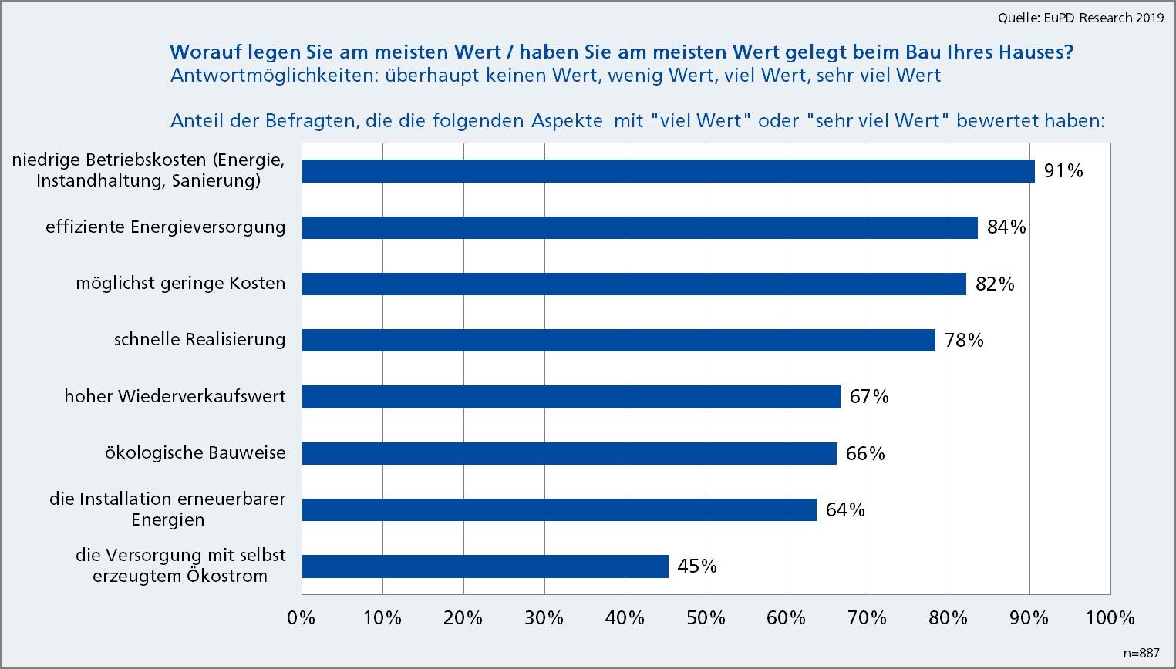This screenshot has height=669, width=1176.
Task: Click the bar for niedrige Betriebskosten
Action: tap(668, 171)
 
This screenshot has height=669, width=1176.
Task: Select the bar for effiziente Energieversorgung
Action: tap(639, 227)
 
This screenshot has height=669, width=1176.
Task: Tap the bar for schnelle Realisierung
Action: tap(618, 340)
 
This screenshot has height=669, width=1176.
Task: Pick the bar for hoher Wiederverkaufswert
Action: tap(571, 397)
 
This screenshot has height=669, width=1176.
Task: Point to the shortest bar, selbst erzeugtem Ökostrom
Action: tap(484, 566)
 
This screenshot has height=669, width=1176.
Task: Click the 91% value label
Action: tap(1063, 171)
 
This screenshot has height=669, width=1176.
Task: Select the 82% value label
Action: tap(995, 284)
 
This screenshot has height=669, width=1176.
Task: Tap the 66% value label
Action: tap(865, 453)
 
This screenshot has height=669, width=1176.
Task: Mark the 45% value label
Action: tap(697, 566)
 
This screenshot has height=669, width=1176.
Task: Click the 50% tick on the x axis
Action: tap(706, 618)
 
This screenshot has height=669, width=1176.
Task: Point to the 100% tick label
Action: tap(1110, 618)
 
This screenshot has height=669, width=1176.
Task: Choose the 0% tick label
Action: tap(301, 618)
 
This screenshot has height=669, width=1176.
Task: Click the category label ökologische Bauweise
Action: tap(195, 453)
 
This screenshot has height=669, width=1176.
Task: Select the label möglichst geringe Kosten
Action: tap(180, 284)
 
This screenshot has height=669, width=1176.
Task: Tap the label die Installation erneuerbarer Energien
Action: tap(167, 509)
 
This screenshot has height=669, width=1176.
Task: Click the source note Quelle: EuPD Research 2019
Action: tap(1080, 18)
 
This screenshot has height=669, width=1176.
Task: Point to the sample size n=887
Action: tap(1141, 653)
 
